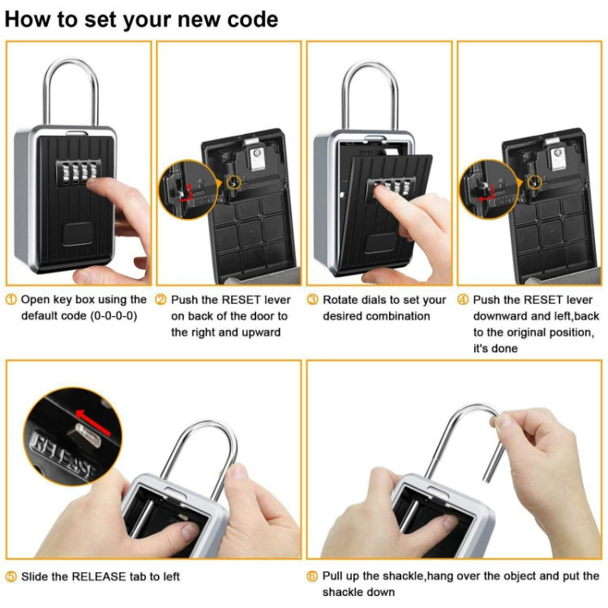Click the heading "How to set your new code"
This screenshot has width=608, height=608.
pos(142,19)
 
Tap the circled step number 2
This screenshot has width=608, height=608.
pos(161,300)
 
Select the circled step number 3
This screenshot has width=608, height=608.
pos(312,300)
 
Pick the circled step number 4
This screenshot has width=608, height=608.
pos(463,300)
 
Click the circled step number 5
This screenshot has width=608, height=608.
pos(11,576)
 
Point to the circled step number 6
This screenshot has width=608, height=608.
pos(312,576)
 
